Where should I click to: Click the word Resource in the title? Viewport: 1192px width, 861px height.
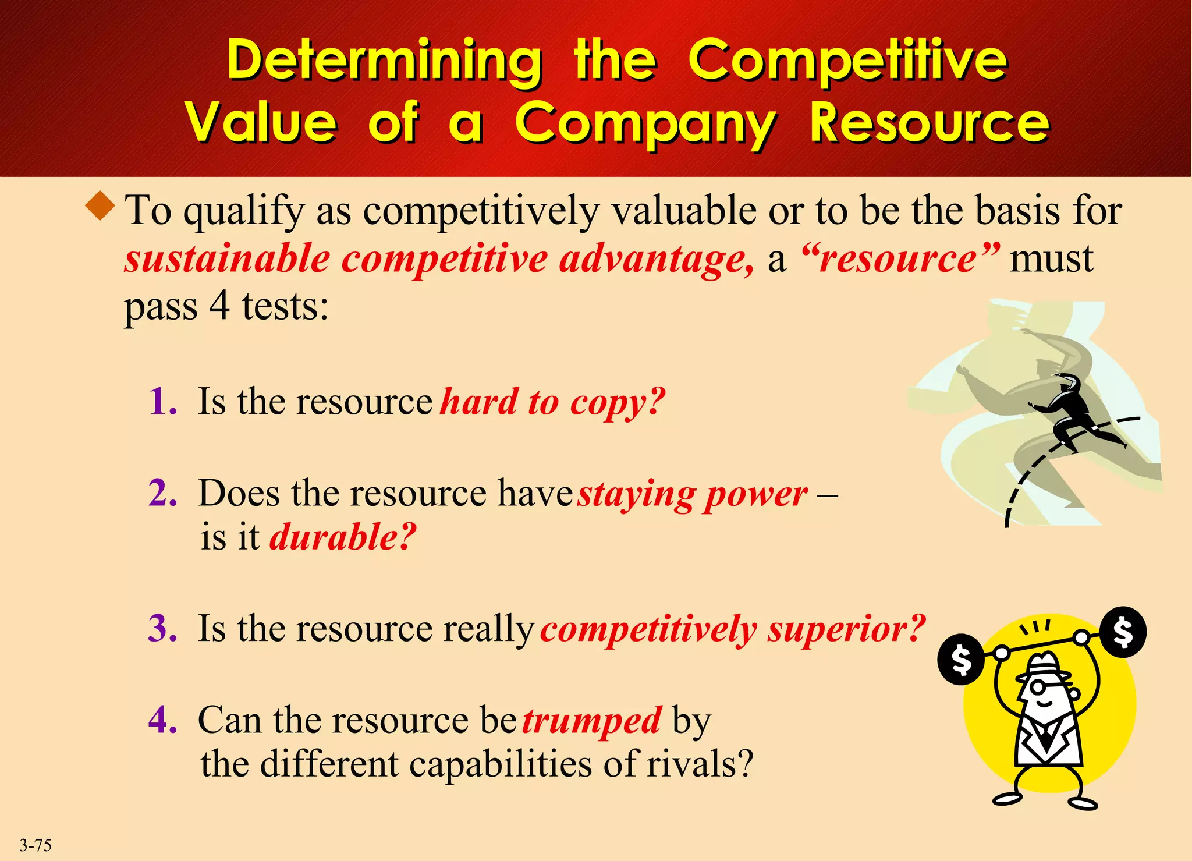point(930,123)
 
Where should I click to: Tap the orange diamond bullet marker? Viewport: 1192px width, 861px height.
point(101,205)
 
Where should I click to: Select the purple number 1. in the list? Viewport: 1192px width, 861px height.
point(162,402)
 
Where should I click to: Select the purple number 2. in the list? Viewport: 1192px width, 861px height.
point(162,494)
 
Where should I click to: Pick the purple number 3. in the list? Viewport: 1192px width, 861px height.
point(162,629)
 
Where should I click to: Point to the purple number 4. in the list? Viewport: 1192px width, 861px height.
point(162,720)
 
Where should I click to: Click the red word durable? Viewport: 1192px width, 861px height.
point(343,537)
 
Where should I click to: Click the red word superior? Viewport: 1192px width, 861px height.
point(846,629)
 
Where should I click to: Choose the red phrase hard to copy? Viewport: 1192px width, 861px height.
point(552,402)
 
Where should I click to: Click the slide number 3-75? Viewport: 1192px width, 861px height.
point(36,845)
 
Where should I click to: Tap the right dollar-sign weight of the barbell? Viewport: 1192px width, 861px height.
point(1123,632)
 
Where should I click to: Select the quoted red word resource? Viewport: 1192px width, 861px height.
point(900,259)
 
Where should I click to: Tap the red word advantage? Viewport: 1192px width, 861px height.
point(656,259)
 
